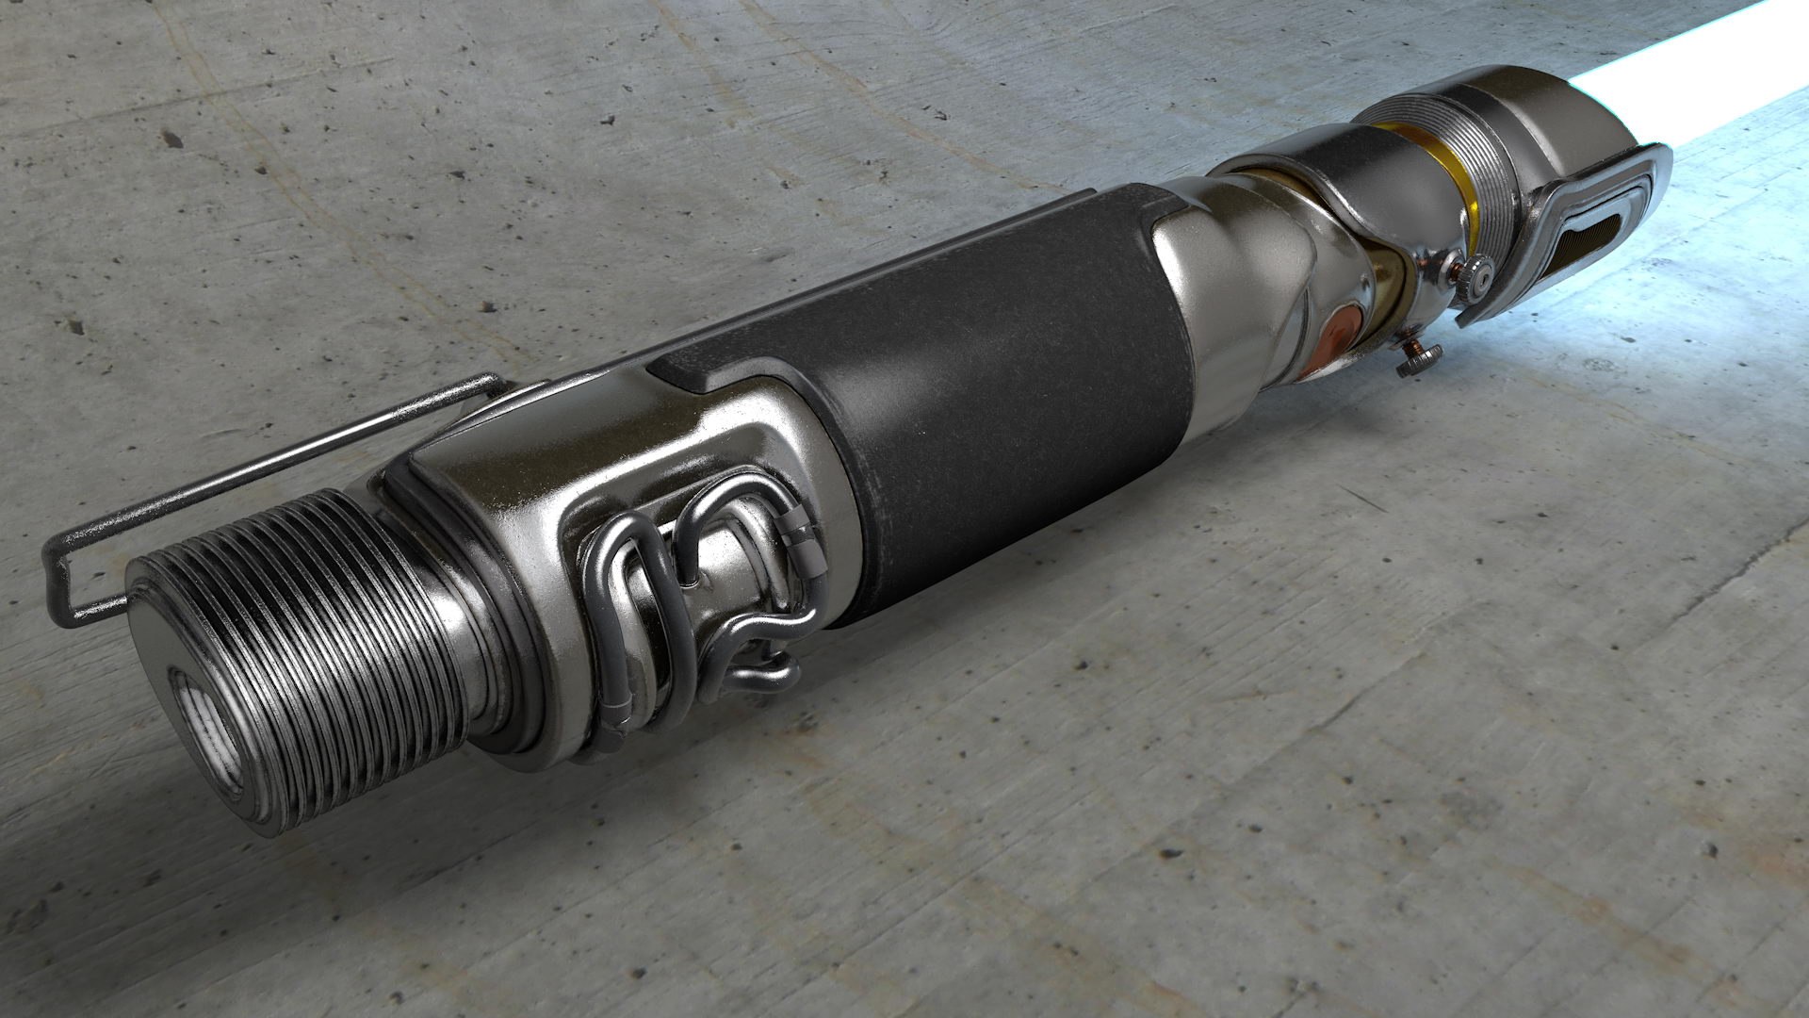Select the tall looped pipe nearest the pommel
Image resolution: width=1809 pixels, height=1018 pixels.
coord(622,603)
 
